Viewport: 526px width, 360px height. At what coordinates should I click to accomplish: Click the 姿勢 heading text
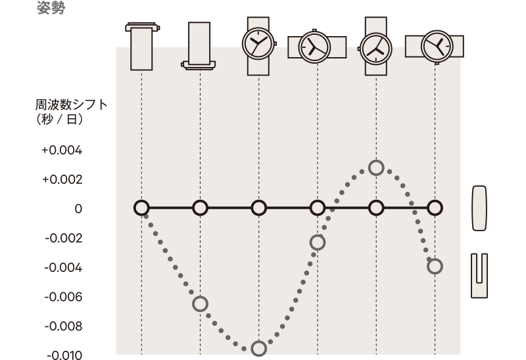(x=51, y=7)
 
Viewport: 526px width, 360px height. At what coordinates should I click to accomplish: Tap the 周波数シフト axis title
(x=71, y=105)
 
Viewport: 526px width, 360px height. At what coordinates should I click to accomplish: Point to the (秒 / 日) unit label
(x=59, y=119)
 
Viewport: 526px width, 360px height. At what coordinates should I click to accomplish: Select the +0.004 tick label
(x=62, y=150)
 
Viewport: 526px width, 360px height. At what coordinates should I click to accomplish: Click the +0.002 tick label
(x=62, y=179)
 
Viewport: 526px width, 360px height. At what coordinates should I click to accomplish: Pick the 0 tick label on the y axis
(x=78, y=209)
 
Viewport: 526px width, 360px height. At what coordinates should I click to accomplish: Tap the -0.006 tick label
(x=63, y=297)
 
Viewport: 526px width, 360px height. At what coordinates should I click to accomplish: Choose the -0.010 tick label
(x=64, y=355)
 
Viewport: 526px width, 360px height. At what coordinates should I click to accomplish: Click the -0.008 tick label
(x=63, y=326)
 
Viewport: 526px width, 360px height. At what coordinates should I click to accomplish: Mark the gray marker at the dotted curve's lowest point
(x=259, y=349)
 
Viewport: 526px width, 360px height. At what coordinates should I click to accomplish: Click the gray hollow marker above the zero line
(x=376, y=168)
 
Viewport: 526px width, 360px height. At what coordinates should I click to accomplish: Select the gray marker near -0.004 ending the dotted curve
(x=435, y=267)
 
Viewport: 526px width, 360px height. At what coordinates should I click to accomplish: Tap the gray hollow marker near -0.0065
(x=201, y=304)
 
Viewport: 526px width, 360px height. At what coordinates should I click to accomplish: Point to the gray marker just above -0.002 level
(x=318, y=242)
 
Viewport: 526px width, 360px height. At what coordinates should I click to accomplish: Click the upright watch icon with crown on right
(x=259, y=46)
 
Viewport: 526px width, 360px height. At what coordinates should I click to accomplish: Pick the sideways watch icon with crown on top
(x=317, y=46)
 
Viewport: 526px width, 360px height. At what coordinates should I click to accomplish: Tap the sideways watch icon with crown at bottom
(x=435, y=47)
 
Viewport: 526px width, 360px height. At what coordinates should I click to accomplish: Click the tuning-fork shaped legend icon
(x=479, y=275)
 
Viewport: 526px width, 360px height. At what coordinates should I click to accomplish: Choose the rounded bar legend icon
(x=479, y=208)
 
